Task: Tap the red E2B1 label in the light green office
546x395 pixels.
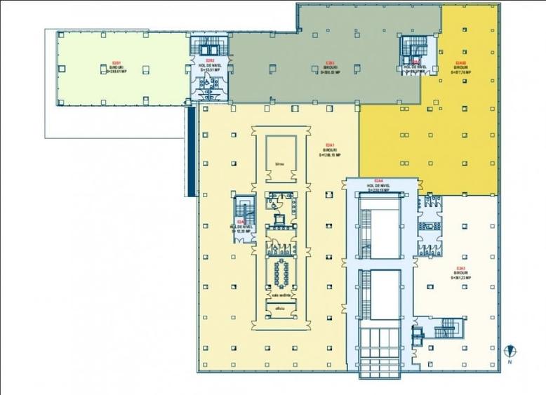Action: point(116,63)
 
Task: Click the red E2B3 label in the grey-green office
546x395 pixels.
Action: point(329,62)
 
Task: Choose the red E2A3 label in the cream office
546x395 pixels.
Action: point(461,269)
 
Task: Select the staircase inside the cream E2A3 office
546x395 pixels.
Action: point(446,328)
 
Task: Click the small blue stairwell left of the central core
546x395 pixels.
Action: point(244,210)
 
